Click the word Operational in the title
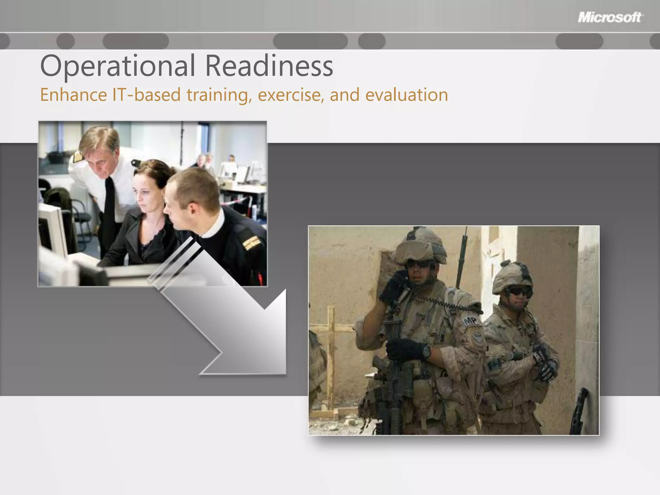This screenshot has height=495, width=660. pos(117,66)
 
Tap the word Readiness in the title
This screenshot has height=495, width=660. pos(269,66)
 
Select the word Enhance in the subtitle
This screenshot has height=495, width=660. pos(73,95)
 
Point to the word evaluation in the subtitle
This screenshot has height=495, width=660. pos(407,95)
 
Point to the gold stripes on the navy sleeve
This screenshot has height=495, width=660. pos(251,243)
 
